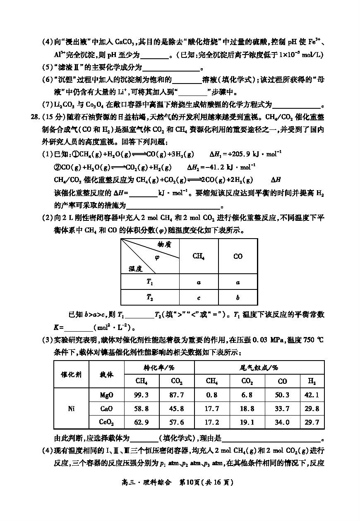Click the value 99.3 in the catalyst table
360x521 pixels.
point(141,395)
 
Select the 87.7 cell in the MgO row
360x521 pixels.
point(177,395)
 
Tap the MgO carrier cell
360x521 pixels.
point(106,395)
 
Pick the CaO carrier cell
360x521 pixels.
point(106,409)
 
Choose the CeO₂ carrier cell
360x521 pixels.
point(106,422)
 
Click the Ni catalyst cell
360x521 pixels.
point(71,409)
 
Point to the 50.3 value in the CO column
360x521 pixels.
point(282,395)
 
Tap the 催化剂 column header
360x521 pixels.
point(71,374)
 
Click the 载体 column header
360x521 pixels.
point(106,374)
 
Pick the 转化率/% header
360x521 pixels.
point(159,367)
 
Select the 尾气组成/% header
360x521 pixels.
point(259,367)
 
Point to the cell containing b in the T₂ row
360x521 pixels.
point(238,297)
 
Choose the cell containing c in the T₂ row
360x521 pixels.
point(199,297)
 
